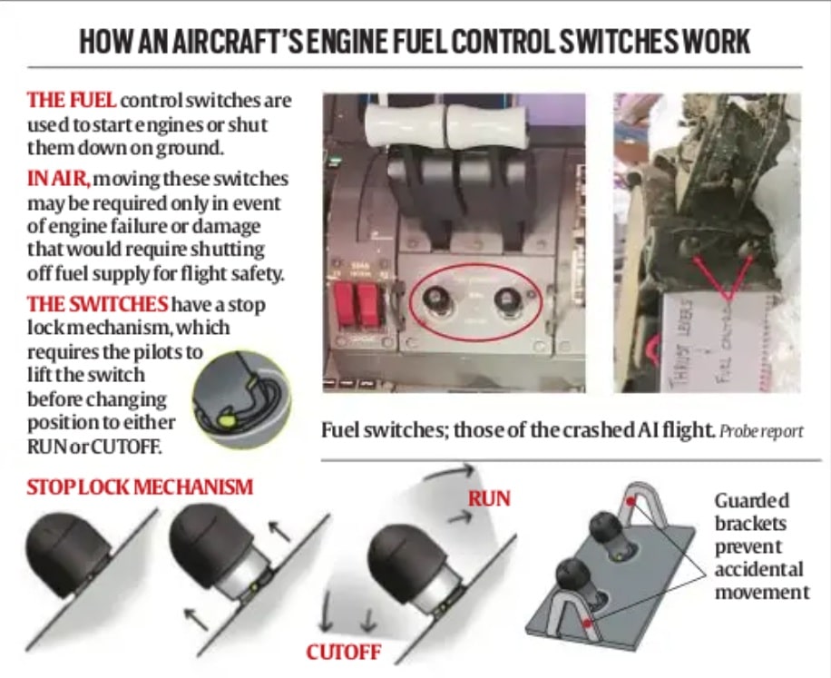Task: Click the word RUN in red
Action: point(489,498)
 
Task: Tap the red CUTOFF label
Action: point(342,652)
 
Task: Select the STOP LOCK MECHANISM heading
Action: point(140,487)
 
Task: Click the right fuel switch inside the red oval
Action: point(503,300)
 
